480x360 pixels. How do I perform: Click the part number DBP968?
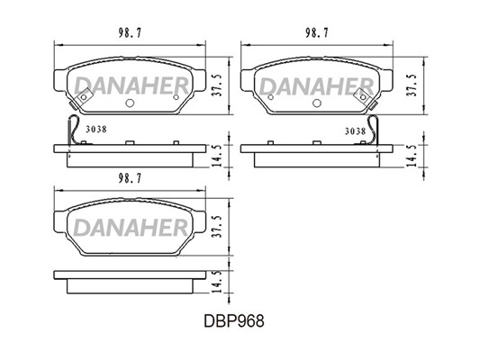234,321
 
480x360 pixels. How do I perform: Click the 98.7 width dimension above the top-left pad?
130,32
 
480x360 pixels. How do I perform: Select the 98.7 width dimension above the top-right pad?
317,32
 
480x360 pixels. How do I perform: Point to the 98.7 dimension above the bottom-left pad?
130,178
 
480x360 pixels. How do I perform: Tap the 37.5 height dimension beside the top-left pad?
217,85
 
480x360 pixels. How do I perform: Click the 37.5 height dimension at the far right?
412,85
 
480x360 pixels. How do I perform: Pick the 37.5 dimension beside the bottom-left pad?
217,226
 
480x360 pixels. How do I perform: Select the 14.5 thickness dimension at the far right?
413,156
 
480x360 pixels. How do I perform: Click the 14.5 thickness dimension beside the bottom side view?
217,283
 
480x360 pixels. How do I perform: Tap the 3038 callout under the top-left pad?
96,130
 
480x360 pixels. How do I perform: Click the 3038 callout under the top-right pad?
355,131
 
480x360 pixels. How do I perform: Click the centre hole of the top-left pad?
130,103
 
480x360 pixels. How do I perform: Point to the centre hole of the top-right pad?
316,103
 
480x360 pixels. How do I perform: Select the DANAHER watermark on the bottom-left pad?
131,228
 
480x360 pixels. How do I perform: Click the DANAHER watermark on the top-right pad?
317,85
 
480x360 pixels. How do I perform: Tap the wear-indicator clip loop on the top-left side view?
72,130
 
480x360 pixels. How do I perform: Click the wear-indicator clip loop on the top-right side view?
374,130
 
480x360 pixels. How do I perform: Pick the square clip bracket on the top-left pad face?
83,96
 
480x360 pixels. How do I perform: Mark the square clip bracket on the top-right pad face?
363,96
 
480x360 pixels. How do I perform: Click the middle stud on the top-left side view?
130,143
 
